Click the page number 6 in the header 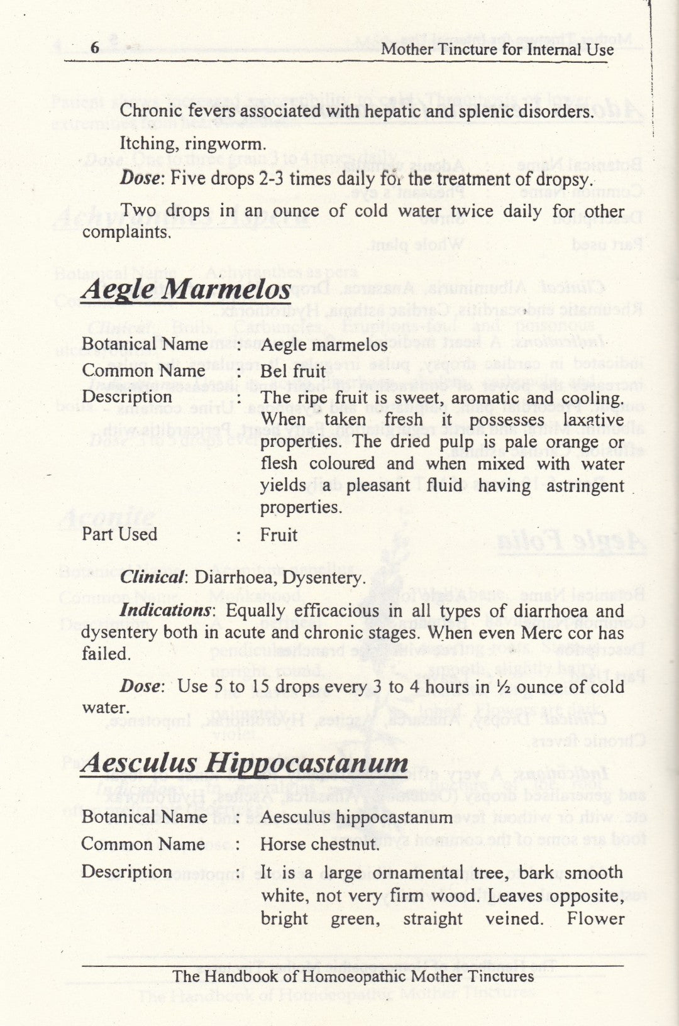click(x=95, y=48)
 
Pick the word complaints click(x=126, y=233)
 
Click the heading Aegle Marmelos click(x=186, y=289)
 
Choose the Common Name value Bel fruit click(x=293, y=371)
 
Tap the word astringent click(x=585, y=486)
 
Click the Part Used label click(x=119, y=534)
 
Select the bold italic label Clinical click(x=153, y=578)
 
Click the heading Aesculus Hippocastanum click(x=245, y=763)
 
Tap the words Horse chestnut click(x=320, y=844)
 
